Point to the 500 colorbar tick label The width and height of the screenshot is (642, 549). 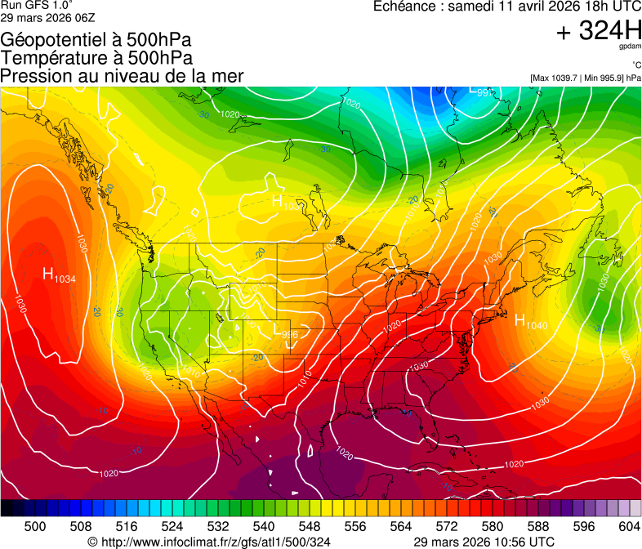click(34, 526)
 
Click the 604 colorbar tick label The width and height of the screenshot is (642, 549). click(630, 526)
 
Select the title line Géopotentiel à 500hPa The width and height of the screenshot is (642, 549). click(97, 39)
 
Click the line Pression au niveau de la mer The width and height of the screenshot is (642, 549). click(122, 75)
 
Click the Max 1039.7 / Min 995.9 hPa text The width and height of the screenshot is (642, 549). click(585, 78)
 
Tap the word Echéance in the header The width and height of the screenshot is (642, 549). click(403, 7)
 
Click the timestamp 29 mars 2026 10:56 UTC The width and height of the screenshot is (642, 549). click(484, 542)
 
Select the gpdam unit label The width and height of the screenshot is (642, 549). click(631, 47)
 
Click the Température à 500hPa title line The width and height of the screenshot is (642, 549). click(97, 57)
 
